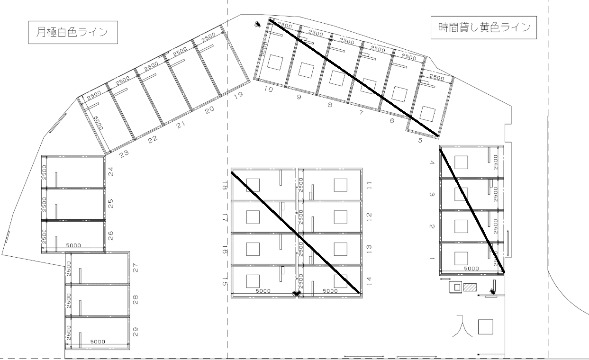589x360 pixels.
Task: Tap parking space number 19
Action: click(x=238, y=95)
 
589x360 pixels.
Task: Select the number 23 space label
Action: click(x=124, y=153)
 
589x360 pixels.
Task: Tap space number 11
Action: click(x=369, y=185)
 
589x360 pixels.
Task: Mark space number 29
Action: click(x=136, y=332)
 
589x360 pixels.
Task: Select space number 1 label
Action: click(x=432, y=259)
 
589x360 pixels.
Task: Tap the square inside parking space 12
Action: click(x=340, y=216)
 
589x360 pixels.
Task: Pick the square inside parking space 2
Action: click(x=461, y=226)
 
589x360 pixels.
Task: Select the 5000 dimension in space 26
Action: click(x=73, y=245)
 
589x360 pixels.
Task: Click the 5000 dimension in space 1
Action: click(x=471, y=269)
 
